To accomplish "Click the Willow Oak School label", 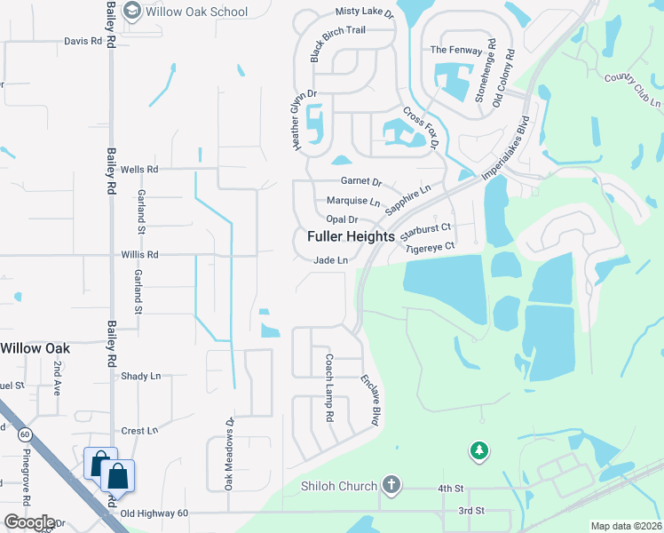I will [197, 12].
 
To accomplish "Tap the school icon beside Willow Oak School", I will [133, 11].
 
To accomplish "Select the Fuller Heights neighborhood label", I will [351, 237].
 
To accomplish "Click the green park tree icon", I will [479, 451].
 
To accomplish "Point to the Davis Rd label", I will [83, 42].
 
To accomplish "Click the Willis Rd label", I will [139, 254].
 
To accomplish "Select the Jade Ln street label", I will [329, 259].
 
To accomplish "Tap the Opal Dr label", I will [342, 219].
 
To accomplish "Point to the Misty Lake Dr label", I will [364, 12].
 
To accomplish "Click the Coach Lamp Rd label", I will [328, 387].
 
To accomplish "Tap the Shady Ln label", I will [140, 377].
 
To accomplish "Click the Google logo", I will [29, 522].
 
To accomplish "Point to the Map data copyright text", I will [626, 526].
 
